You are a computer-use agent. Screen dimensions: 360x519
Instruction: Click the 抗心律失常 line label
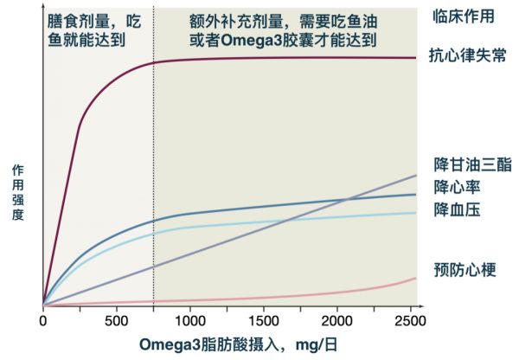click(x=467, y=57)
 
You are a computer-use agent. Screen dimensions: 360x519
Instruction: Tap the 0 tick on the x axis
click(x=43, y=322)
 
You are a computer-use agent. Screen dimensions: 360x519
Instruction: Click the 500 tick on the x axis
click(x=117, y=322)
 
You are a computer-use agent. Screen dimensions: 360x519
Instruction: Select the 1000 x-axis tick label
click(x=189, y=322)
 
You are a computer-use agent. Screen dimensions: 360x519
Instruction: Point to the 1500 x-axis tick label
click(x=264, y=322)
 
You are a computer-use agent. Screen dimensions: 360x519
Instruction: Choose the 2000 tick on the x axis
click(x=337, y=322)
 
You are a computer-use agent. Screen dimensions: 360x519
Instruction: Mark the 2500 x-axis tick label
click(x=410, y=322)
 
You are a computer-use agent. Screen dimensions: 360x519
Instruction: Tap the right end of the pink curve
click(x=416, y=278)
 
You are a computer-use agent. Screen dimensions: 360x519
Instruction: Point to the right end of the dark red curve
click(x=416, y=58)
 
